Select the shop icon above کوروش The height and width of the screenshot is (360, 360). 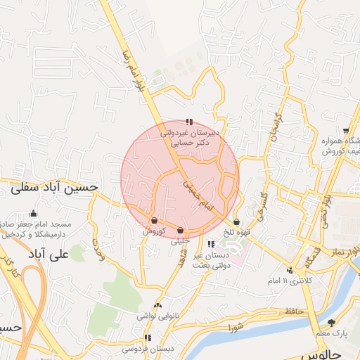click(154, 221)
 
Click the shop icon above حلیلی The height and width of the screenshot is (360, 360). click(181, 230)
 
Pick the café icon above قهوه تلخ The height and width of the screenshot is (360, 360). click(236, 222)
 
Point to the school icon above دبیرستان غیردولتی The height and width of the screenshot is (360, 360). click(189, 122)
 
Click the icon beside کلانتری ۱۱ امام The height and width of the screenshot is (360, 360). click(290, 271)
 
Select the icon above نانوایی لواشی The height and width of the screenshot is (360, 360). click(157, 306)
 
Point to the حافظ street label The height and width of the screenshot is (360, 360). click(294, 310)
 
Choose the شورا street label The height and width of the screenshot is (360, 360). click(235, 328)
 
